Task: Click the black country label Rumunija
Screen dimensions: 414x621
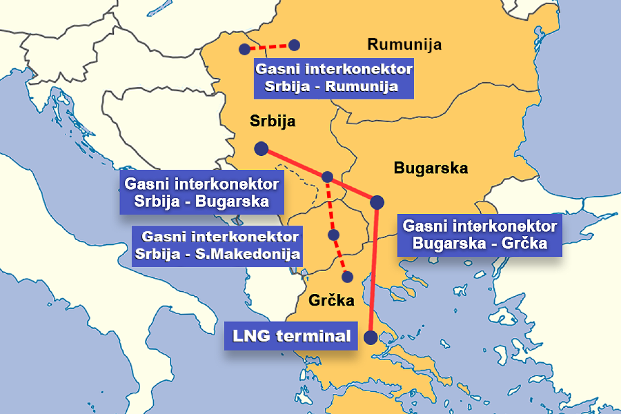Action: (404, 45)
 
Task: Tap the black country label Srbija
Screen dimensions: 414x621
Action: (272, 122)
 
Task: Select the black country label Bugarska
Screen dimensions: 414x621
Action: (431, 168)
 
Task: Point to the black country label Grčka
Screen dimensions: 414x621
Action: (331, 301)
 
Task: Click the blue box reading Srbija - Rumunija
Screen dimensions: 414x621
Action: (334, 78)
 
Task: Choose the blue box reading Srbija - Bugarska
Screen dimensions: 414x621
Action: (202, 193)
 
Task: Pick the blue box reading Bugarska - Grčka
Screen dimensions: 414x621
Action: (479, 235)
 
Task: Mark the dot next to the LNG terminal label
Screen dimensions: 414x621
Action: (371, 337)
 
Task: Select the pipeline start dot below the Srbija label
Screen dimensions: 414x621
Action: (261, 149)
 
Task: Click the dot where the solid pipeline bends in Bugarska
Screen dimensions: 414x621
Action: (377, 202)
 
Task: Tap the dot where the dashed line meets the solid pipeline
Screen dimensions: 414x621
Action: (327, 177)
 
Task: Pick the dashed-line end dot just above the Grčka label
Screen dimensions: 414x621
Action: (347, 277)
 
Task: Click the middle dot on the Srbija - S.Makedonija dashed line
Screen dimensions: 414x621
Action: (334, 235)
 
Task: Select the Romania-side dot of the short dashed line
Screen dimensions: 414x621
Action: (294, 45)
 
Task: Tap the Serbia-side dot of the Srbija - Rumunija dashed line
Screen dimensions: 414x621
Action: (244, 49)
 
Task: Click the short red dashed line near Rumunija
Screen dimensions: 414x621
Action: (269, 47)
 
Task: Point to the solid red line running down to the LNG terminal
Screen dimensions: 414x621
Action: (374, 269)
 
